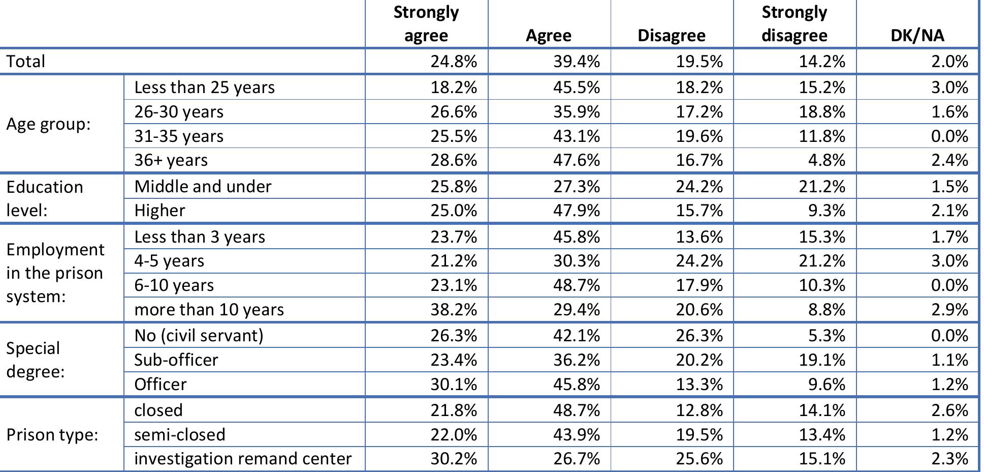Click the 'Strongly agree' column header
tap(426, 23)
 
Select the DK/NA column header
tap(917, 35)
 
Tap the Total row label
tap(26, 62)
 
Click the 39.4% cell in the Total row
tap(576, 62)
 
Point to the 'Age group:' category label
tap(48, 124)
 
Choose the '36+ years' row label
tap(171, 160)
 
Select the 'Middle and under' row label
tap(203, 186)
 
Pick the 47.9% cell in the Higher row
tap(576, 211)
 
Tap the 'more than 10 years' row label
tap(209, 309)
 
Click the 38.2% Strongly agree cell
tap(453, 309)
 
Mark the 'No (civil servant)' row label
tap(199, 336)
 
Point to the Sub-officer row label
tap(176, 360)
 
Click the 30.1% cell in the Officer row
tap(453, 384)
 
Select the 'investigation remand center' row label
tap(243, 459)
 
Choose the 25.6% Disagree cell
tap(699, 459)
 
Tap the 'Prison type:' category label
tap(52, 435)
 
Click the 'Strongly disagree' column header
tap(794, 23)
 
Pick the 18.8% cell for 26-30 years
tap(821, 112)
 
